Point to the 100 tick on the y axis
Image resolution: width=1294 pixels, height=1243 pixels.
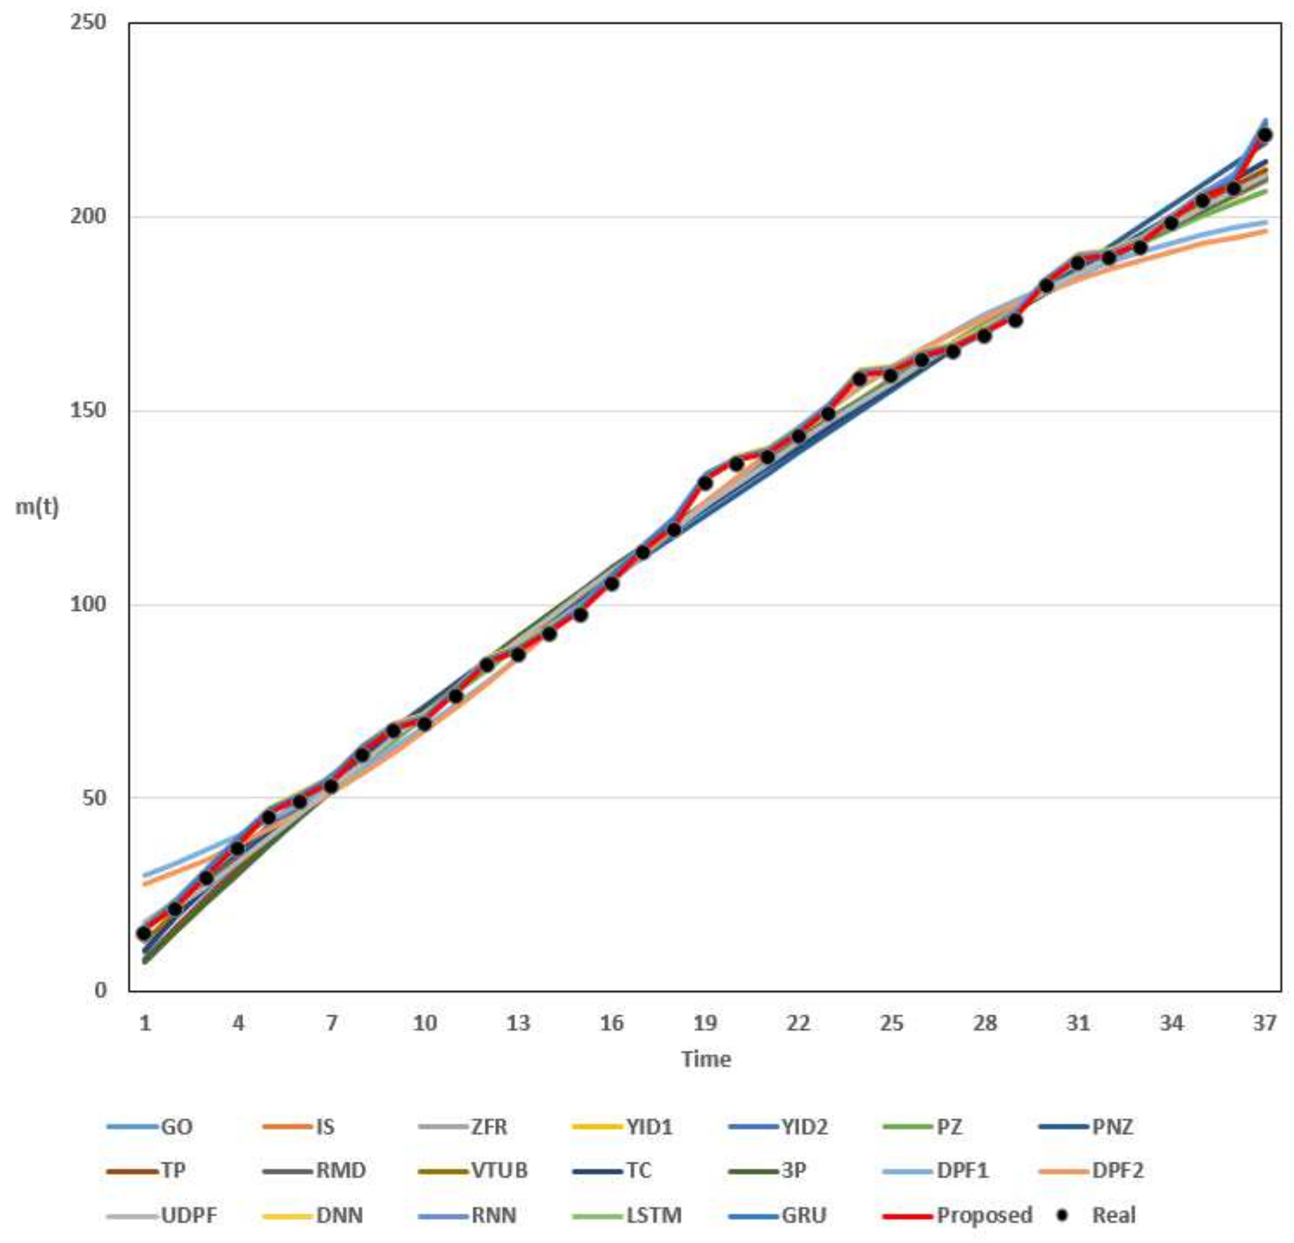point(88,604)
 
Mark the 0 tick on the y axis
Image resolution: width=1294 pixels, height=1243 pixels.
point(100,990)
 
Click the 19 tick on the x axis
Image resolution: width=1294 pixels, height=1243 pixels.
point(705,1023)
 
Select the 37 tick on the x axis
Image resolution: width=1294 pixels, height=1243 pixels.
point(1265,1023)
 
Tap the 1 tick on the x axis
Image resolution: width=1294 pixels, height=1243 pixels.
point(145,1023)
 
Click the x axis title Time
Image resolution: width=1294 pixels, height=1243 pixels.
point(706,1059)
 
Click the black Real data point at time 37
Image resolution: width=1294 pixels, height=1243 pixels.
point(1265,135)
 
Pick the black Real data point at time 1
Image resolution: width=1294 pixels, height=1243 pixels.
point(143,933)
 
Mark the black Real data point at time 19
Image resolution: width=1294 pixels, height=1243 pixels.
point(705,483)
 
